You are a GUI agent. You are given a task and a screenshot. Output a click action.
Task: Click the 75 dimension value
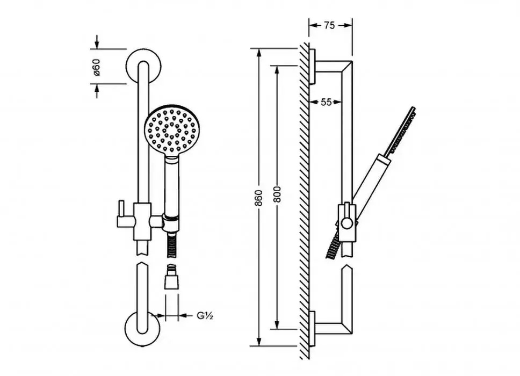329,25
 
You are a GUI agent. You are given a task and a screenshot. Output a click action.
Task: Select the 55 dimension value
326,102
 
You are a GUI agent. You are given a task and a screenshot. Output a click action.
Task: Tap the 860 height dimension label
259,198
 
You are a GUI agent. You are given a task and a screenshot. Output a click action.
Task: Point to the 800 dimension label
277,194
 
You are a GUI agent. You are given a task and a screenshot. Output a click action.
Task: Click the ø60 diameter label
96,67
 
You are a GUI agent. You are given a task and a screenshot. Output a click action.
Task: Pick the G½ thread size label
205,315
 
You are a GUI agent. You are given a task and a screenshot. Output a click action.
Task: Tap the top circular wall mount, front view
144,66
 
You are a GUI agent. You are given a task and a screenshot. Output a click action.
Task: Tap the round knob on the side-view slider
347,223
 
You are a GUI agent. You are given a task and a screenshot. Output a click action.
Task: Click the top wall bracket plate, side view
312,66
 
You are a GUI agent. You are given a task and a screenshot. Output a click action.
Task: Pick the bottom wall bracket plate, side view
312,329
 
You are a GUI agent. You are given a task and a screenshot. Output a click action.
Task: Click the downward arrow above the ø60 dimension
97,41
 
